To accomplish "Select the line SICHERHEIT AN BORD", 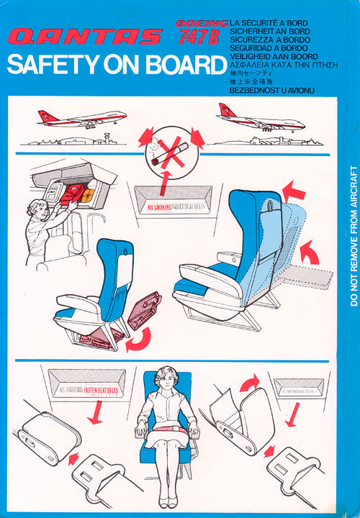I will click(x=269, y=32).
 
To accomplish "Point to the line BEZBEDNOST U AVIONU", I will click(x=274, y=91).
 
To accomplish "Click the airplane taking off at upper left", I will click(x=83, y=118).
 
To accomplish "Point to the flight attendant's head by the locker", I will click(x=37, y=210).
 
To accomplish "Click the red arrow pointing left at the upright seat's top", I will click(x=294, y=191).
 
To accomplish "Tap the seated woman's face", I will click(x=171, y=381).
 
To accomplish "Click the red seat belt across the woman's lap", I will click(x=171, y=432).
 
